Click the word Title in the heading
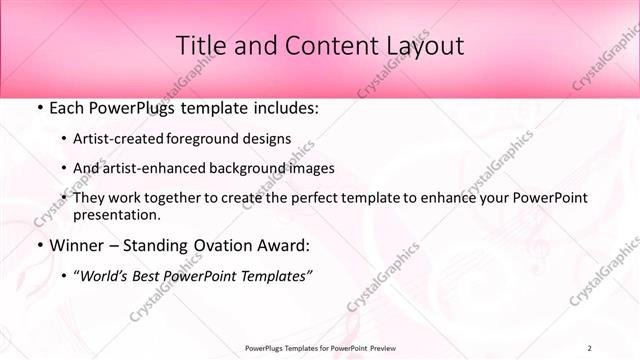(x=200, y=45)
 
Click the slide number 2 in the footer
(x=589, y=348)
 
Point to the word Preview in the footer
(x=375, y=348)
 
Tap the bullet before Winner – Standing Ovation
(x=39, y=245)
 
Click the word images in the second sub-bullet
(x=310, y=168)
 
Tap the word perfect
(x=326, y=198)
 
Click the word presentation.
(x=116, y=215)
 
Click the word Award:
(x=288, y=245)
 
